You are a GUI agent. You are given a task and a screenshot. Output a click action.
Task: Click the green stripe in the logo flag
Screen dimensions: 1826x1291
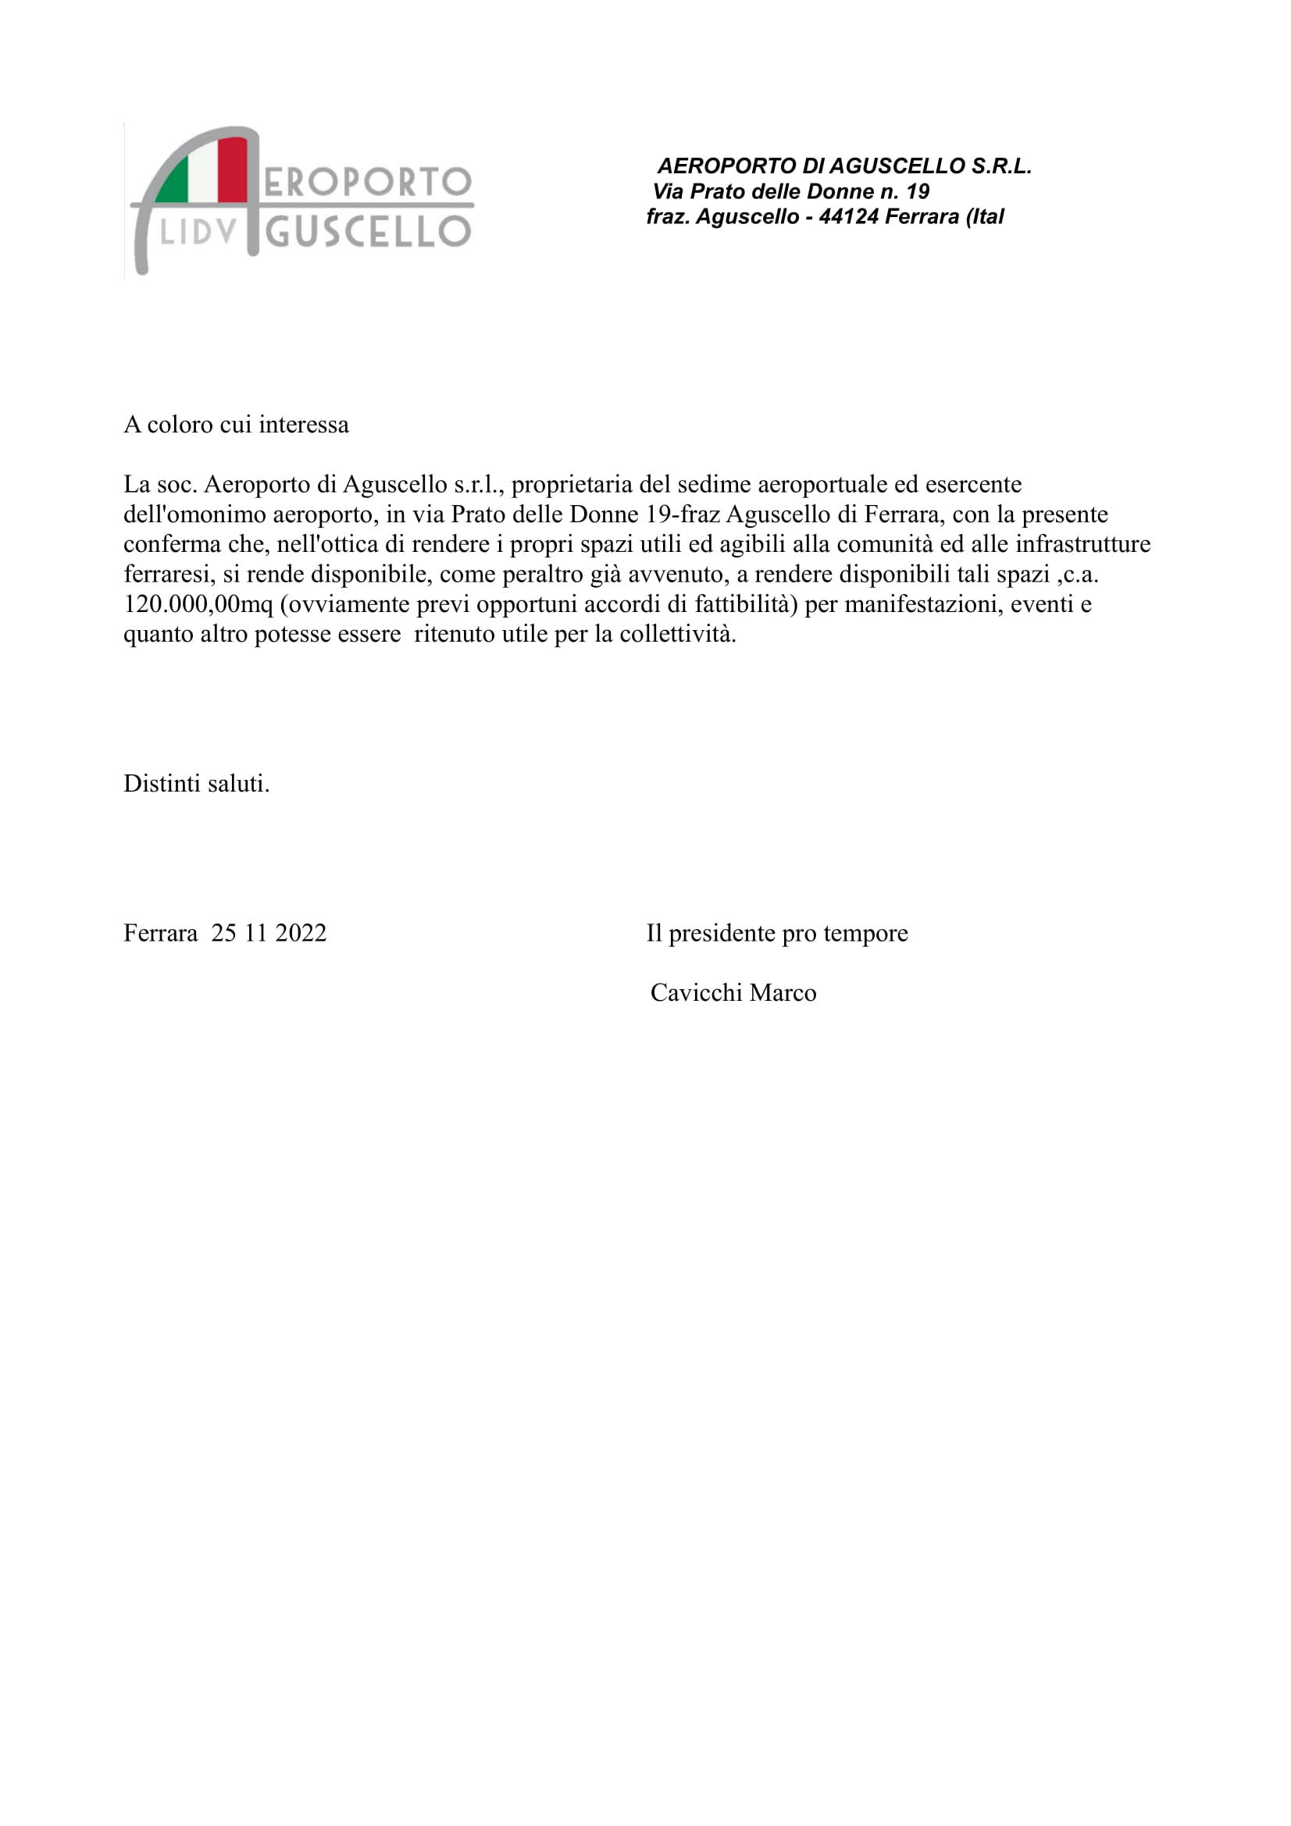[174, 183]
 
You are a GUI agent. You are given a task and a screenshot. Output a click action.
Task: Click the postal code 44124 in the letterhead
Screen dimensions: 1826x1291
[848, 217]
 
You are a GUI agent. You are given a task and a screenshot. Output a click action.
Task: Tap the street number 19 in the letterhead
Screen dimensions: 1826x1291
[917, 192]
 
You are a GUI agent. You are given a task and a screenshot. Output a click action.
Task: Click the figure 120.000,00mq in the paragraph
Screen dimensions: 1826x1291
[198, 604]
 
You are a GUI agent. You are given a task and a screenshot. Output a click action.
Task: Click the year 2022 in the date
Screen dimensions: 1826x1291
[301, 933]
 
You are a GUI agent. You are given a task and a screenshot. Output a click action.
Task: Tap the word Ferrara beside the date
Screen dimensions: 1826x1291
[161, 933]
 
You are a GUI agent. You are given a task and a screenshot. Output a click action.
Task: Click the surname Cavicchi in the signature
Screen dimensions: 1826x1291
[696, 993]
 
